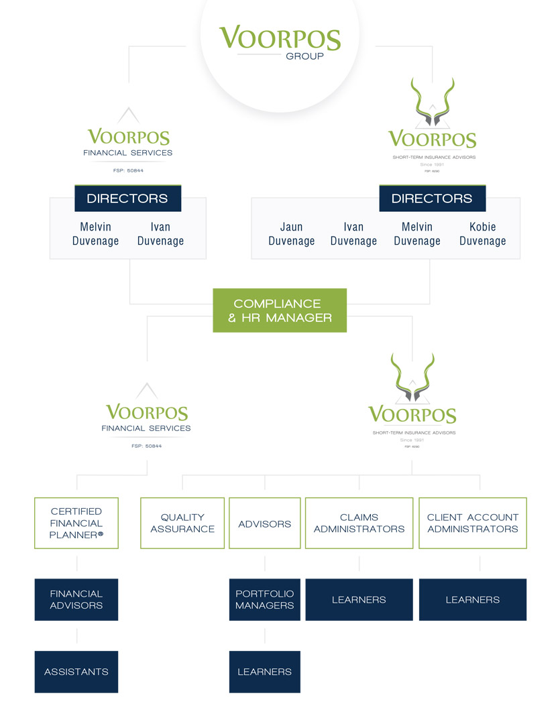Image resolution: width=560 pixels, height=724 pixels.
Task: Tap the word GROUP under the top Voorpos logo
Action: (x=304, y=56)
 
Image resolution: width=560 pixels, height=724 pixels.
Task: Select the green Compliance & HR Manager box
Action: (x=280, y=310)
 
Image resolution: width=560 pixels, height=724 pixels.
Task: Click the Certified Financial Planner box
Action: (x=76, y=523)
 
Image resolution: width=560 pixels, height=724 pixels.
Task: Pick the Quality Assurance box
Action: (x=182, y=523)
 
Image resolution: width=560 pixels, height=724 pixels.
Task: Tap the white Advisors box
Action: (x=264, y=523)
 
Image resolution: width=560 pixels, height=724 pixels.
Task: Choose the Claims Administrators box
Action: (x=359, y=523)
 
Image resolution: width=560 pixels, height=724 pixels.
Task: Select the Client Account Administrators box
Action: (x=473, y=523)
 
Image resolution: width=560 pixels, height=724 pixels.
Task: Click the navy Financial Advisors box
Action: (x=76, y=599)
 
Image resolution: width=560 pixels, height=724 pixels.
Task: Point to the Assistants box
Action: (x=76, y=672)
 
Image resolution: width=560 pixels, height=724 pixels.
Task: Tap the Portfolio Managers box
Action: (x=264, y=599)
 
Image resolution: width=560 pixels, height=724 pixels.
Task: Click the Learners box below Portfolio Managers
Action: (x=264, y=672)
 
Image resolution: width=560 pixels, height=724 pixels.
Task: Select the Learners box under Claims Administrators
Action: (x=359, y=599)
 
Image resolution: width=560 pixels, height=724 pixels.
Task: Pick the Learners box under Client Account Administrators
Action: (x=473, y=599)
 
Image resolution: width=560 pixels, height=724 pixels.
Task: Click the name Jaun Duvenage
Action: (x=292, y=234)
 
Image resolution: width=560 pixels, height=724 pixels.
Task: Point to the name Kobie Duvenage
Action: (x=482, y=234)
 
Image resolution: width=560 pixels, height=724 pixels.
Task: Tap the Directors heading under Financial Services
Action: (x=127, y=198)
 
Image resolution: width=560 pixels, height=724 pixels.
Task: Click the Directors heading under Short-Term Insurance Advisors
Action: (x=432, y=198)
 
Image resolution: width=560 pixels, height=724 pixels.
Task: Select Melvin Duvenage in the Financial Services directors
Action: (x=96, y=234)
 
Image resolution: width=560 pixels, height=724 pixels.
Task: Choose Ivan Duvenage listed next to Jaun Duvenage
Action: (x=353, y=234)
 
